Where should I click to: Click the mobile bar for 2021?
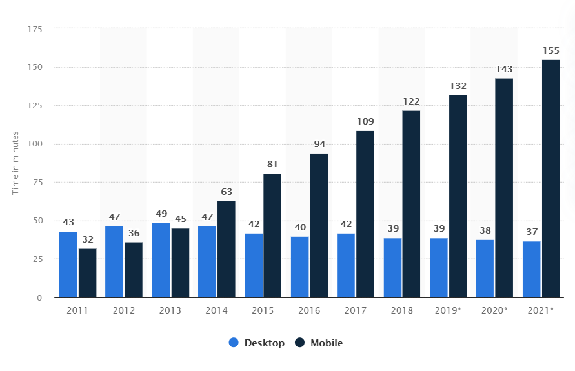tap(550, 179)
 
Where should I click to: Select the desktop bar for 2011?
tap(68, 265)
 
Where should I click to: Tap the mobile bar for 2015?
tap(272, 236)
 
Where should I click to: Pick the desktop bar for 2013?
tap(161, 260)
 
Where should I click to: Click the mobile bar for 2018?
tap(411, 204)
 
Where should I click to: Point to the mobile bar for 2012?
tap(134, 270)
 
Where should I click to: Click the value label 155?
tap(550, 50)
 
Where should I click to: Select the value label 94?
tap(319, 144)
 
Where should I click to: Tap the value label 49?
tap(161, 214)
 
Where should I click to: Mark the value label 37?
tap(531, 232)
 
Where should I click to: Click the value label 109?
tap(365, 121)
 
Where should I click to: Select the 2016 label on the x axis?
tap(309, 310)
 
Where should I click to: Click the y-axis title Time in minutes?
tap(15, 163)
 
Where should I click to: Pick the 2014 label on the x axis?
tap(216, 310)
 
